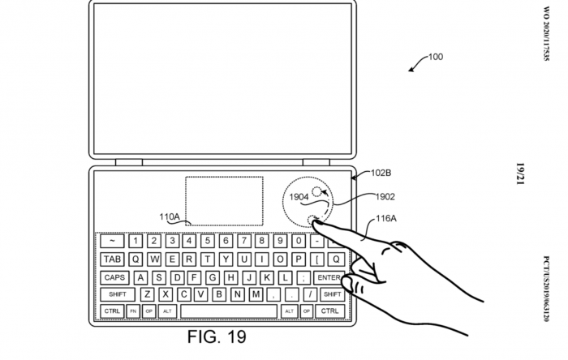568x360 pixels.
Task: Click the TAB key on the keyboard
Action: click(112, 259)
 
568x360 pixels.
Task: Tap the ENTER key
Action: click(329, 276)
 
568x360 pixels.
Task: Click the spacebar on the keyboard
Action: click(228, 311)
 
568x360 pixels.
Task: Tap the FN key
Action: click(133, 311)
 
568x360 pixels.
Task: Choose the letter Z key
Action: click(146, 294)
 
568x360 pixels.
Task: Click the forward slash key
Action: click(311, 294)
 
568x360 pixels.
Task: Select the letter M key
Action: click(256, 294)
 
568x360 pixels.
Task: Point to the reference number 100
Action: click(436, 57)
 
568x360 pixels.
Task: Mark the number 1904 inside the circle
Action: click(299, 195)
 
